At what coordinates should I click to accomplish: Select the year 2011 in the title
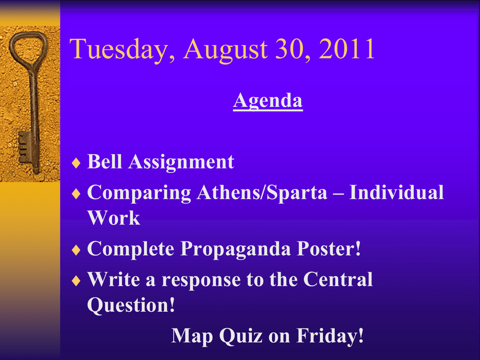[347, 48]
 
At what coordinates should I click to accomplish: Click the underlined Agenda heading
[268, 101]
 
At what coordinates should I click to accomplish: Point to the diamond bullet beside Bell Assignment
[76, 163]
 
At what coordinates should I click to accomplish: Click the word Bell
[105, 161]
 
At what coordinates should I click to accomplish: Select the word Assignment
[181, 162]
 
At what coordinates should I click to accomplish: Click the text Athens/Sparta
[262, 193]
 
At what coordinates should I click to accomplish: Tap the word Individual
[397, 192]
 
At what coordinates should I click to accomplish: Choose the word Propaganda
[235, 249]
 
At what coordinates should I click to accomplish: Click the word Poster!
[329, 248]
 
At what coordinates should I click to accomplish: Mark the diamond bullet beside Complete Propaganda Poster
[76, 250]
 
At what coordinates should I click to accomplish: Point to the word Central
[338, 279]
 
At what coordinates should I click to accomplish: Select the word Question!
[131, 305]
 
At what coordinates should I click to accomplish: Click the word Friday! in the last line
[330, 336]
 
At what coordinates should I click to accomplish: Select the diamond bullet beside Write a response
[76, 281]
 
